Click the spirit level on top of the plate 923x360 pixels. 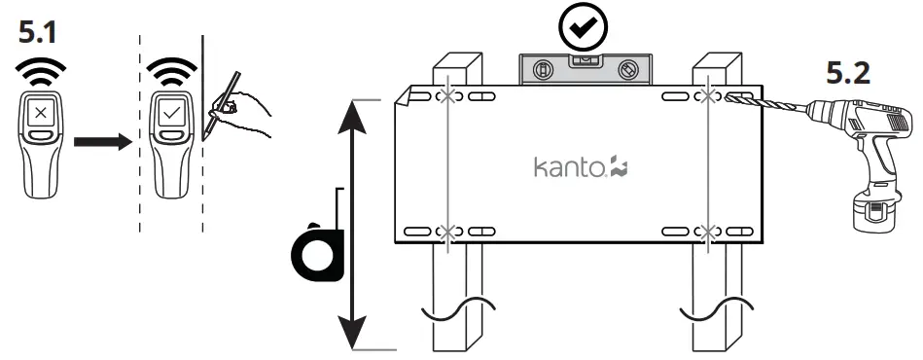[582, 70]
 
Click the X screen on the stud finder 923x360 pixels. [39, 113]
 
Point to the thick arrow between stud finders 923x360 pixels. [103, 142]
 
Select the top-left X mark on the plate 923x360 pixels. [447, 97]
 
